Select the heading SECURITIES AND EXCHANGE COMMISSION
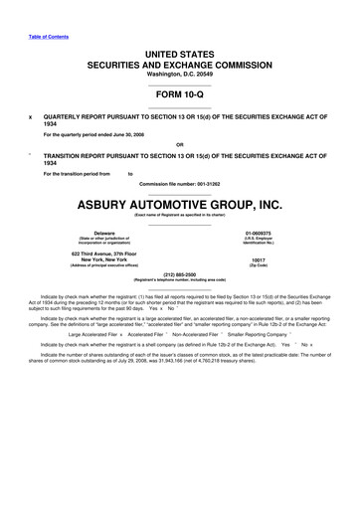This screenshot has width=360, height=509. click(x=179, y=62)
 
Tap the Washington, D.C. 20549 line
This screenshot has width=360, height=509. click(x=179, y=74)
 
